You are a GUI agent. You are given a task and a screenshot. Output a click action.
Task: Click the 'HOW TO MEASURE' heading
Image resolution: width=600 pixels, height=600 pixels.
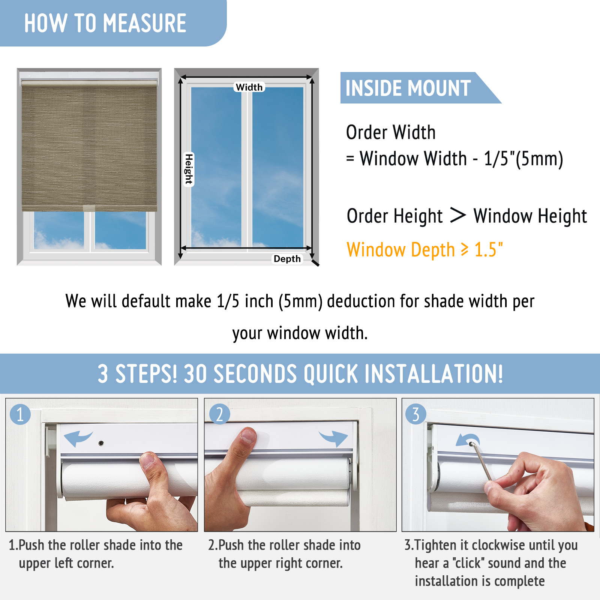[x=105, y=23]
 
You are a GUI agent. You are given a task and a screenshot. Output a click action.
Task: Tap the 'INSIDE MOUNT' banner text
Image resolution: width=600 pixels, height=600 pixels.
[x=408, y=88]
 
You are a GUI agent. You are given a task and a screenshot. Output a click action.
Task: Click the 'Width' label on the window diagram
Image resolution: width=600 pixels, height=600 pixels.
[x=249, y=87]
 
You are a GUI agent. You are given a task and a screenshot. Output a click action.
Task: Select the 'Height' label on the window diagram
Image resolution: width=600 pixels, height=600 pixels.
[x=189, y=169]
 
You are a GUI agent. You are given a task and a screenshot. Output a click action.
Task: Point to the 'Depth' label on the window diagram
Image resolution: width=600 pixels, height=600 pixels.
[x=287, y=259]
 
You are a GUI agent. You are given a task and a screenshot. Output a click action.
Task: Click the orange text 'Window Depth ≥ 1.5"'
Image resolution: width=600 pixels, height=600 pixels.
[x=424, y=250]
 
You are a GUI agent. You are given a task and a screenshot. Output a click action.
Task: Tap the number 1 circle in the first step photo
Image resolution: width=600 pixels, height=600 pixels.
[x=20, y=414]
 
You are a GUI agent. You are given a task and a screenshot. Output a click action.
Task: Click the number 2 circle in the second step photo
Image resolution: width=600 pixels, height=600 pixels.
[x=219, y=414]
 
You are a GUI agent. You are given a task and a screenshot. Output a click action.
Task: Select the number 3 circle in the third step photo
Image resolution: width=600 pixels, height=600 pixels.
[x=416, y=414]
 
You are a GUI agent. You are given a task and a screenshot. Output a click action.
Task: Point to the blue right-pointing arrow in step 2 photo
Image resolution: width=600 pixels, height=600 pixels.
[x=333, y=438]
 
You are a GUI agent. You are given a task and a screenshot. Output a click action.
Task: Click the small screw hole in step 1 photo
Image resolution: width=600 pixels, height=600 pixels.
[x=101, y=443]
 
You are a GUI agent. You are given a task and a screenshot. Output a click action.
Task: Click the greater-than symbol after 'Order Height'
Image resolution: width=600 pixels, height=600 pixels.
[x=458, y=215]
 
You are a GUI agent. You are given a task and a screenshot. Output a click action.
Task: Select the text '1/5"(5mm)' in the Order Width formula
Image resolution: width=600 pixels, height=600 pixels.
[x=523, y=159]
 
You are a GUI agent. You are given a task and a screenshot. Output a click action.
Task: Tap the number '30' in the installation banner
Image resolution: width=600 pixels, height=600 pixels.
[x=195, y=374]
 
